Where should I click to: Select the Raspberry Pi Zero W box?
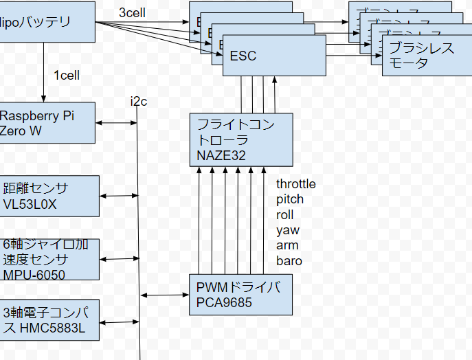(x=47, y=123)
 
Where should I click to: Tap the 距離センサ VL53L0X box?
(x=49, y=195)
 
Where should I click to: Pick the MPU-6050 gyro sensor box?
(x=49, y=259)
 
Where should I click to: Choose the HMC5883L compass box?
(x=49, y=319)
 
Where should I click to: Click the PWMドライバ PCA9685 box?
(x=240, y=295)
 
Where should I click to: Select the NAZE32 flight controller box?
(x=240, y=140)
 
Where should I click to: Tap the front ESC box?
(x=273, y=56)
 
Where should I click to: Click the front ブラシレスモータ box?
(x=422, y=56)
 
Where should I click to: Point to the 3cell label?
(x=132, y=12)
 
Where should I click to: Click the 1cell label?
(x=67, y=76)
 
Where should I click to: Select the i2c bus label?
(x=139, y=102)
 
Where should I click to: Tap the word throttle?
(x=296, y=184)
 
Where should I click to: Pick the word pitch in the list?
(x=290, y=199)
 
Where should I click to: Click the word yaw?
(x=288, y=230)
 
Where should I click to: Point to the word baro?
(x=289, y=260)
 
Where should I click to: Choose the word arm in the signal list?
(x=287, y=245)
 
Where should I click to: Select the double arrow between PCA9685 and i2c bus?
(x=165, y=295)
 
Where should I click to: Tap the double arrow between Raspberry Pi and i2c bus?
(x=117, y=123)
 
